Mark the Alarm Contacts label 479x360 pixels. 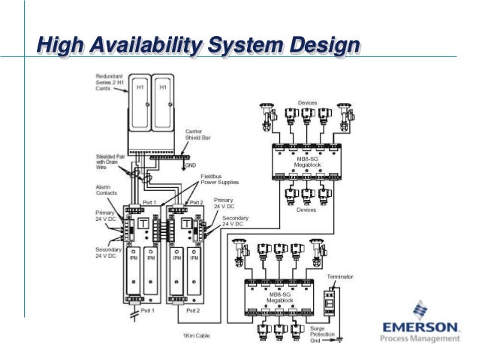tap(106, 189)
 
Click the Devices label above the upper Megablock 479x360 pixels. tap(307, 101)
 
